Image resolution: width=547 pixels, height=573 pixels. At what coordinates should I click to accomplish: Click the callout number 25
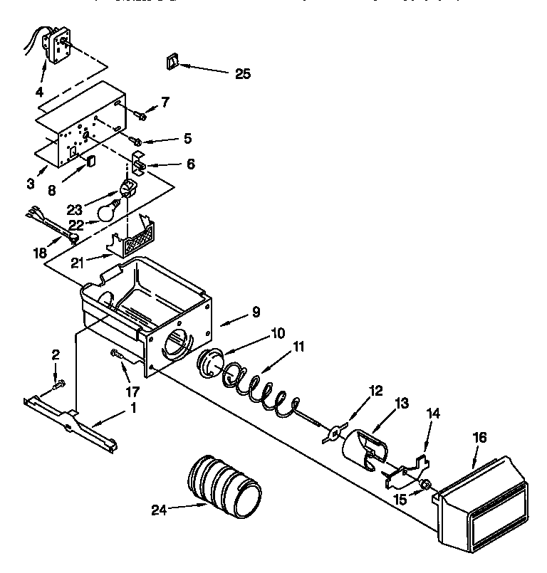point(242,73)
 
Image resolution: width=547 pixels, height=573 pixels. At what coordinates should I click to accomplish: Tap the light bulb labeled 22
point(107,211)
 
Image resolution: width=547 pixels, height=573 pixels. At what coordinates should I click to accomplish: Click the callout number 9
point(235,311)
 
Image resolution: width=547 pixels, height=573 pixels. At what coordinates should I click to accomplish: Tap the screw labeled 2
point(58,384)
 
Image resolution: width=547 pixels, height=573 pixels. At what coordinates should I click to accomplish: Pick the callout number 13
point(401,404)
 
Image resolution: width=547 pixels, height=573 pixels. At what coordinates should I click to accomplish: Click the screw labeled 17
point(117,354)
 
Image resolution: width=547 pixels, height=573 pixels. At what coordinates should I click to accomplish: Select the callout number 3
point(31,184)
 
